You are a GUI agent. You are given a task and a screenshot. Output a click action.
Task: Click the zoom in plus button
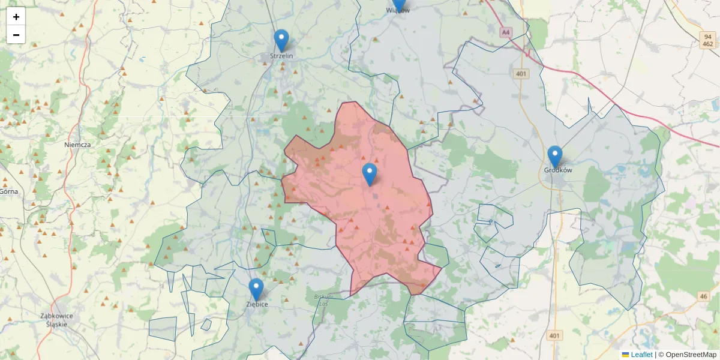(16, 17)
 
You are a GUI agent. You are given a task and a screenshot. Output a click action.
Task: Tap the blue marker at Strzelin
(281, 41)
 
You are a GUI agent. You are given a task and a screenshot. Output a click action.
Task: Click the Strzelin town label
(281, 56)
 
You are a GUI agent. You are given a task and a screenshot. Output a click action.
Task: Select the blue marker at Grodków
(555, 157)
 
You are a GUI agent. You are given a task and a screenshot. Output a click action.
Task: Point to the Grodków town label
(558, 170)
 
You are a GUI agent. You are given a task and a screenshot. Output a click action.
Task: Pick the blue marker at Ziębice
(256, 289)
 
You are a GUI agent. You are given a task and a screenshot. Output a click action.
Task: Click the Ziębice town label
(257, 304)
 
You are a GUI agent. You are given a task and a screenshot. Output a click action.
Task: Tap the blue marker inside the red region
(370, 174)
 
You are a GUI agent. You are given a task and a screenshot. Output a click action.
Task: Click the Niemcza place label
(77, 145)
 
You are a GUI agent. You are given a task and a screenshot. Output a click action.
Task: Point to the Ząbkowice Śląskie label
(56, 319)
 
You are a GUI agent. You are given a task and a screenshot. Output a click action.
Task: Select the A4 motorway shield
(506, 32)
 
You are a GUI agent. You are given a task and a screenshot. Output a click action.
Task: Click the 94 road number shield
(708, 37)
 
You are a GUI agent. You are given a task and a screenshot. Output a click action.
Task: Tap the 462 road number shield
(708, 44)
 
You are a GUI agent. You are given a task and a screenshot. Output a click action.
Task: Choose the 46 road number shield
(703, 296)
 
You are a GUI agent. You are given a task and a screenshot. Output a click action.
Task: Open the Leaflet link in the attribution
(641, 355)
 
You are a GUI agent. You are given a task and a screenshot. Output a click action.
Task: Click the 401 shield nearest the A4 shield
(520, 74)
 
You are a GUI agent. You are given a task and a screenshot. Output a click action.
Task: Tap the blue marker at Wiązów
(398, 5)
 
